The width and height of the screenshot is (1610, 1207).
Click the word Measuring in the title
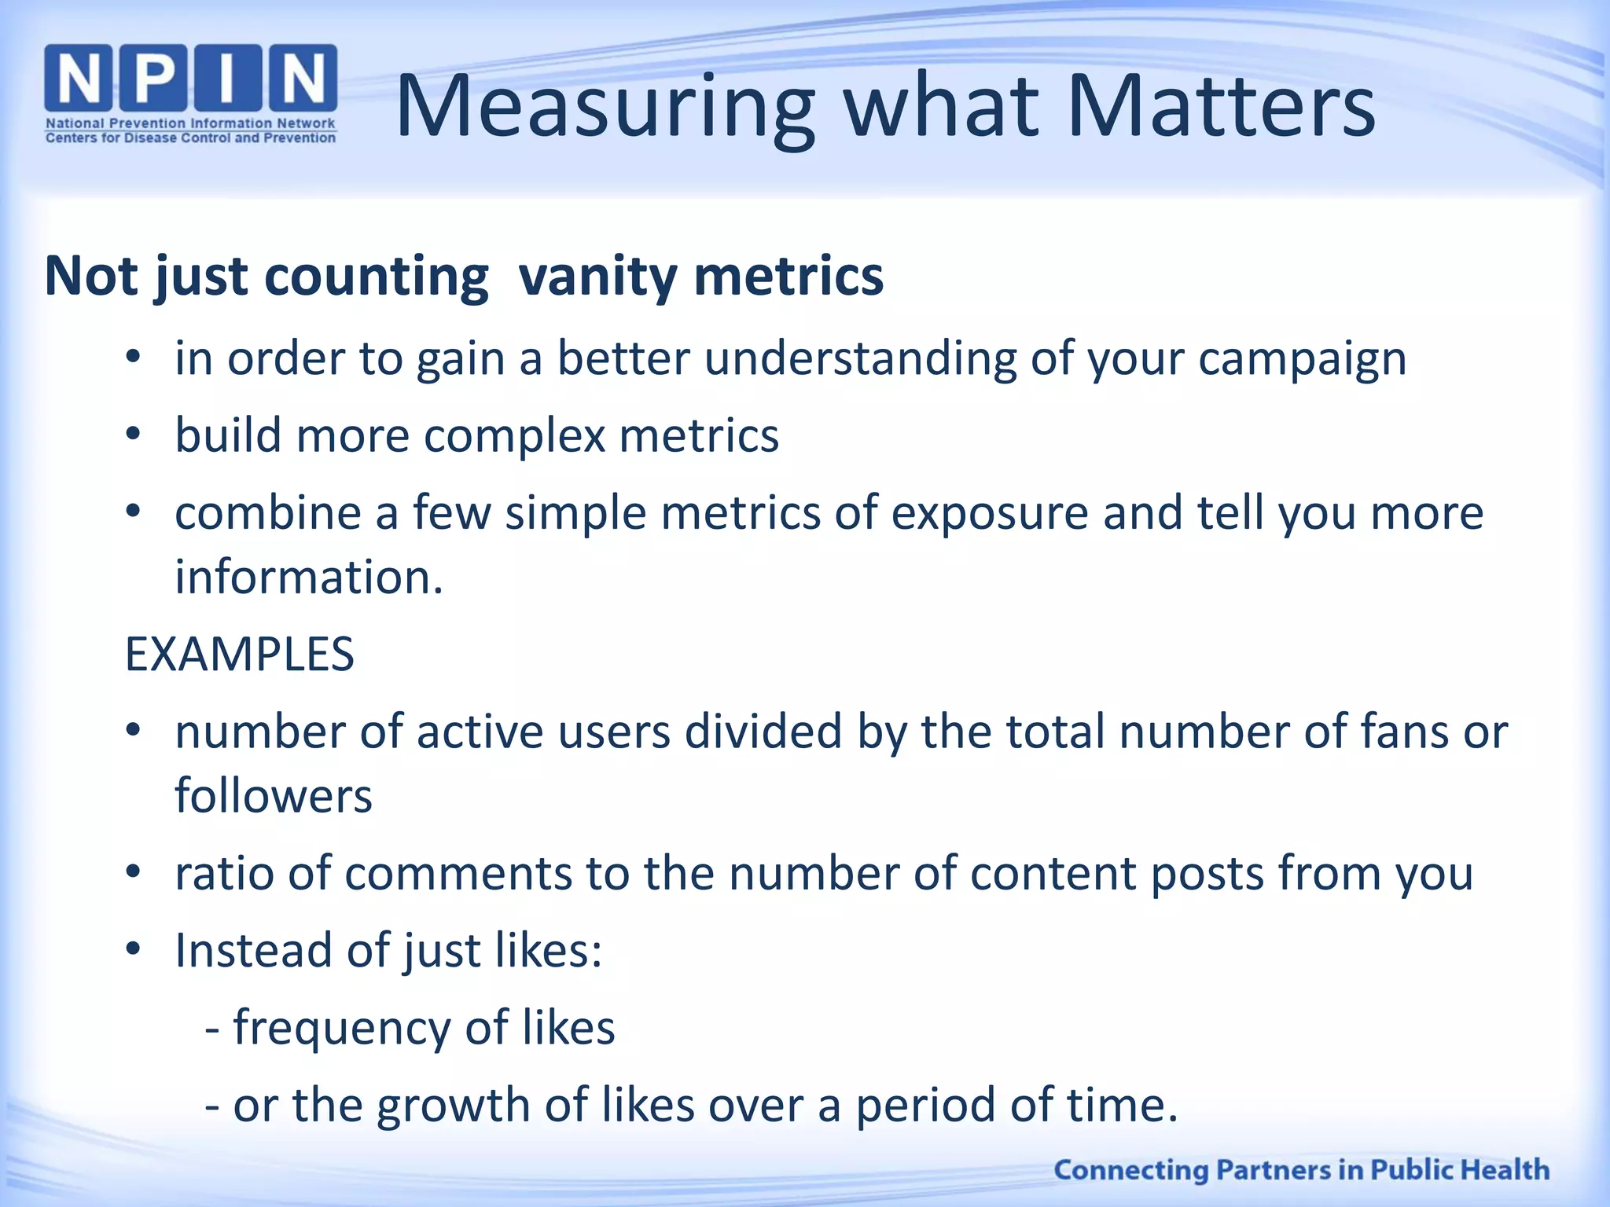click(605, 108)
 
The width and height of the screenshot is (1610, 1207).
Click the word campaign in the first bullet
click(1302, 360)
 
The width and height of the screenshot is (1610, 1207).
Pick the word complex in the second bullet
click(514, 436)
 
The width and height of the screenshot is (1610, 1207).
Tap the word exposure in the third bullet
click(989, 514)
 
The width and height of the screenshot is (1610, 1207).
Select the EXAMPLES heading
click(240, 655)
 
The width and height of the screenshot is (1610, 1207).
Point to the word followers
click(273, 796)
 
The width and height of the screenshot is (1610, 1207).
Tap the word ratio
click(223, 873)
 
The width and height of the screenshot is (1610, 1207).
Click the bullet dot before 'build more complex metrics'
click(133, 435)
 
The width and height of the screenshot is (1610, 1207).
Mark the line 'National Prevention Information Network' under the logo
click(190, 123)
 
